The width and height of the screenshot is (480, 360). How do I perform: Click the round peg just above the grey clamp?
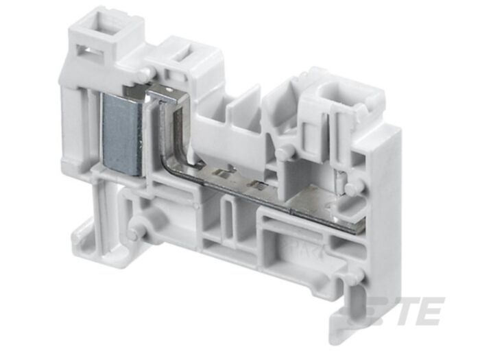click(143, 73)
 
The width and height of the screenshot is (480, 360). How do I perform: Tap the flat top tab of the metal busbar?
click(161, 90)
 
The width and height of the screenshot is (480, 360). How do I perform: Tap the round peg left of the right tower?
click(281, 152)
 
